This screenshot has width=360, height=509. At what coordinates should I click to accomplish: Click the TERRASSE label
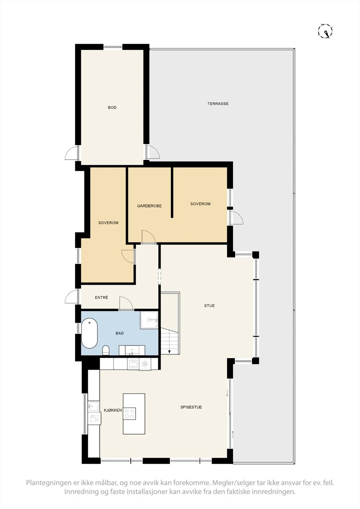(x=218, y=104)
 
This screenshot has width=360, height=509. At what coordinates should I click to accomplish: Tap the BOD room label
(x=112, y=108)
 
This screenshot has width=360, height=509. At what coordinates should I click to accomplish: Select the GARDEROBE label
(x=149, y=206)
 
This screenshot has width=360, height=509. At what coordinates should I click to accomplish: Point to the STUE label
(x=209, y=306)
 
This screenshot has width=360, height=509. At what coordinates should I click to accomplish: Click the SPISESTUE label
(x=191, y=407)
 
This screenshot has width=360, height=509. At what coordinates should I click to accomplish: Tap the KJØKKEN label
(x=113, y=410)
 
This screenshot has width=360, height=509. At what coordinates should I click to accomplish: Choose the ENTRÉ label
(x=102, y=297)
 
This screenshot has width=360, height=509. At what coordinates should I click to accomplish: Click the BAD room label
(x=120, y=333)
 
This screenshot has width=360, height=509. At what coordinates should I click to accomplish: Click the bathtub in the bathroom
(x=89, y=333)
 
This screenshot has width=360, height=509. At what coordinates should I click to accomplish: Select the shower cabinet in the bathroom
(x=149, y=320)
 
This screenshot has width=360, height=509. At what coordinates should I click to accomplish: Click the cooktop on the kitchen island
(x=130, y=414)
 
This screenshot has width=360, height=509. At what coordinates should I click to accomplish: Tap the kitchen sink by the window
(x=94, y=406)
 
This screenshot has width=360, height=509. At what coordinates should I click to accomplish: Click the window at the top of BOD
(x=113, y=47)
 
